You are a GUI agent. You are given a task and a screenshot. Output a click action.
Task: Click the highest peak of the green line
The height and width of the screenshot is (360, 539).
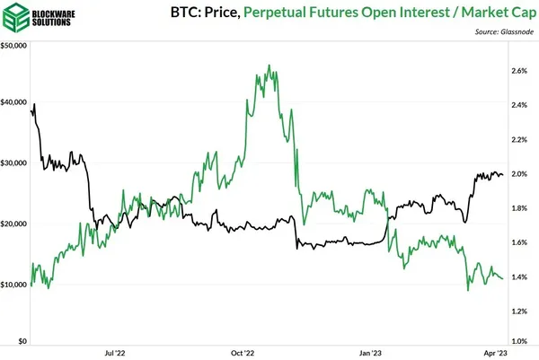270,66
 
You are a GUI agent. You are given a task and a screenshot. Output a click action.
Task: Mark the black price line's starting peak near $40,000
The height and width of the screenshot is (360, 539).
34,105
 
